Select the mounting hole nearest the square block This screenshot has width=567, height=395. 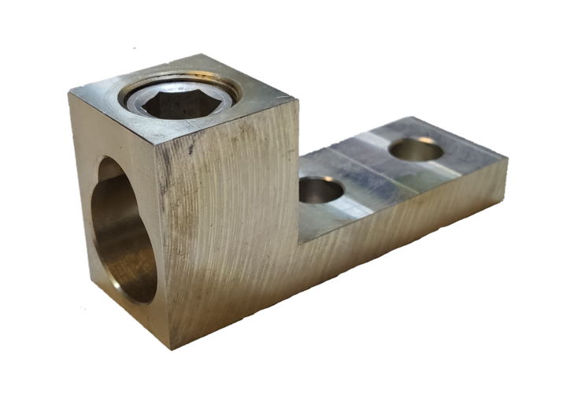click(321, 190)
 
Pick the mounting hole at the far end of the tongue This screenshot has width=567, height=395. click(415, 148)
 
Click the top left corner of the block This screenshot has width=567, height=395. click(69, 92)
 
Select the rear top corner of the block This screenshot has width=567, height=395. click(207, 54)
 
